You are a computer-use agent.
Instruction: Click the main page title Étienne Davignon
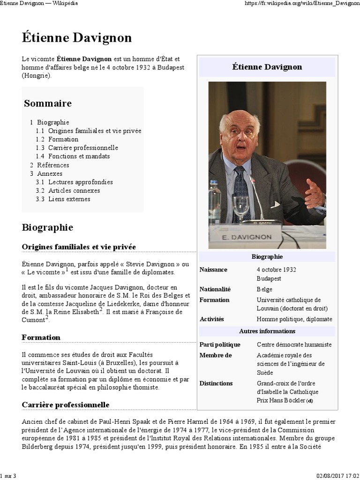(x=76, y=38)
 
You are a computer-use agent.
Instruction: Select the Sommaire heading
(x=48, y=103)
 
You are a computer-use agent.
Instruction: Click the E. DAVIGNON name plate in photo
(x=246, y=237)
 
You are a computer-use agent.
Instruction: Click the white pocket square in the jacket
(x=275, y=204)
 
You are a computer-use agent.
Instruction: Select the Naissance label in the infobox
(x=213, y=270)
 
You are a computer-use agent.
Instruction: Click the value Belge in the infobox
(x=264, y=289)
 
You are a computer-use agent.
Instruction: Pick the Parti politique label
(x=220, y=345)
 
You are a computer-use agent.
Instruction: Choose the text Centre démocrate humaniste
(x=294, y=345)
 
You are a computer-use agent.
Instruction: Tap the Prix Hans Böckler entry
(x=281, y=400)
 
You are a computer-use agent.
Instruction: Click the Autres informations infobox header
(x=267, y=331)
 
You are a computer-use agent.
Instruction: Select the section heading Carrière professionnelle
(x=66, y=405)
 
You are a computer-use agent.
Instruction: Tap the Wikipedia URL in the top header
(x=303, y=3)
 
